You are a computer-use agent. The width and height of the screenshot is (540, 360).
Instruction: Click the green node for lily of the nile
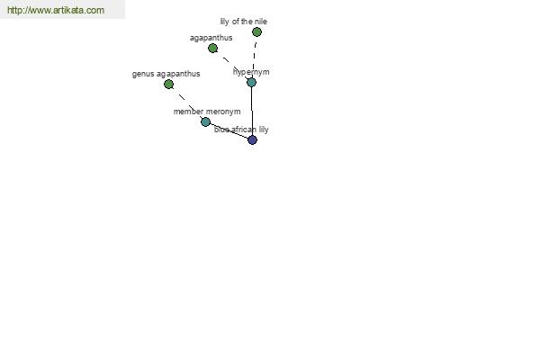pyautogui.click(x=256, y=32)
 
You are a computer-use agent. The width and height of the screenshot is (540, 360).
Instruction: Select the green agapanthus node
pyautogui.click(x=212, y=49)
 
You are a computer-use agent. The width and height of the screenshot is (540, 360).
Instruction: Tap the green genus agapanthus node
pyautogui.click(x=169, y=84)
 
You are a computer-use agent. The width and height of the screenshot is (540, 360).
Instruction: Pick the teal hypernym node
pyautogui.click(x=251, y=82)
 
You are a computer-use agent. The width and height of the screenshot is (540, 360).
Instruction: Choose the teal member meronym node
pyautogui.click(x=205, y=121)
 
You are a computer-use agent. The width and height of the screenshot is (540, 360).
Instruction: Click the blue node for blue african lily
pyautogui.click(x=252, y=139)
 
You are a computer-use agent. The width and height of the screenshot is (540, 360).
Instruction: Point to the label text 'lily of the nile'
pyautogui.click(x=244, y=22)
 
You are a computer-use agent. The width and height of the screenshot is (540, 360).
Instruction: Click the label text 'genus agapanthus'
pyautogui.click(x=166, y=74)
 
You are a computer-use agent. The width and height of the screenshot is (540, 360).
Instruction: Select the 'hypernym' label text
pyautogui.click(x=251, y=72)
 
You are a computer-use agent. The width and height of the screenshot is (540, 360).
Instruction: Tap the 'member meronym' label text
pyautogui.click(x=207, y=112)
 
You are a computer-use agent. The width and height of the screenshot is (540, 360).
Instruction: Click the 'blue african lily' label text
pyautogui.click(x=241, y=130)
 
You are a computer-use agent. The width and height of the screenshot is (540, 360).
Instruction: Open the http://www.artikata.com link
pyautogui.click(x=56, y=10)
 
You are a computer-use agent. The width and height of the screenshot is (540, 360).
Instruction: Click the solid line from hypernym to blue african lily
pyautogui.click(x=252, y=111)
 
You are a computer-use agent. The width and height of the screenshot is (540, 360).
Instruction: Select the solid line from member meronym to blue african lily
pyautogui.click(x=229, y=130)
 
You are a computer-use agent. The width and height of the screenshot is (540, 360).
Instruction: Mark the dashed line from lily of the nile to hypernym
pyautogui.click(x=254, y=58)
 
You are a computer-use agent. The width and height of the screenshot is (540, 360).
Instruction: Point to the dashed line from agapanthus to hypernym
pyautogui.click(x=232, y=66)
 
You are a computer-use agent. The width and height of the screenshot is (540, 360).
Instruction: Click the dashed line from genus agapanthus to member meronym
pyautogui.click(x=187, y=103)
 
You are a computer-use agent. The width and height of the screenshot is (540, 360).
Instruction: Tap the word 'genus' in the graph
pyautogui.click(x=143, y=75)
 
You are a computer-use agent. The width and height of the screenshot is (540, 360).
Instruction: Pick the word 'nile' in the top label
pyautogui.click(x=261, y=22)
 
